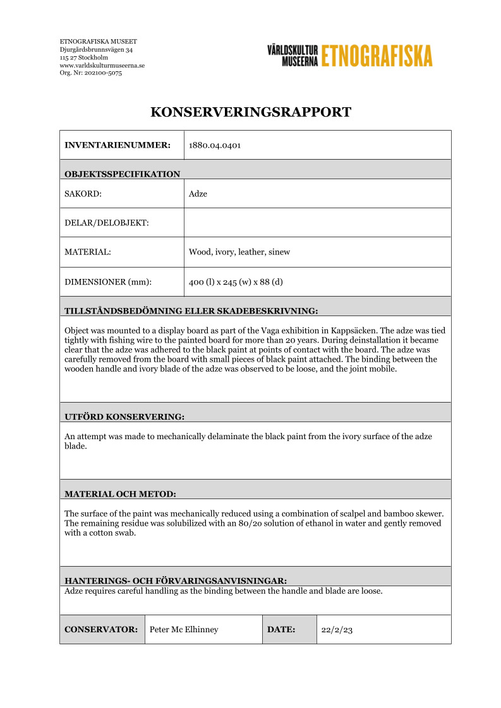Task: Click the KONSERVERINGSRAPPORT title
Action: (x=250, y=113)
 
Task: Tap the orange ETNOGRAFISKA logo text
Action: (x=377, y=56)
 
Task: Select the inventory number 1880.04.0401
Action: (x=215, y=145)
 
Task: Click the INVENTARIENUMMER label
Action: (x=118, y=145)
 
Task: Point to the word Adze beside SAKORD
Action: (x=198, y=194)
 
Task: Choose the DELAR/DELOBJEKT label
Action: (x=107, y=223)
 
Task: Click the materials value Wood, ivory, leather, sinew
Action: (x=239, y=252)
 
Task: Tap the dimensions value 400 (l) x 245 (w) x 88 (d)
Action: (x=236, y=281)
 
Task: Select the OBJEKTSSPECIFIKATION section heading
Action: (x=122, y=174)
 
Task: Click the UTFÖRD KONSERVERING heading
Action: (x=124, y=416)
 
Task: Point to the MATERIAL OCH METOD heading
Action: (x=120, y=493)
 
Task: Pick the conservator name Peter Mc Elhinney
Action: (x=184, y=629)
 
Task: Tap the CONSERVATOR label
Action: (x=101, y=629)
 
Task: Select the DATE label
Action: (x=281, y=629)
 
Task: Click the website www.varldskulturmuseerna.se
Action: (x=102, y=65)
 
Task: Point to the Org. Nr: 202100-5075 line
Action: (x=91, y=73)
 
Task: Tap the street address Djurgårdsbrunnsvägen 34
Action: (x=96, y=49)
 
